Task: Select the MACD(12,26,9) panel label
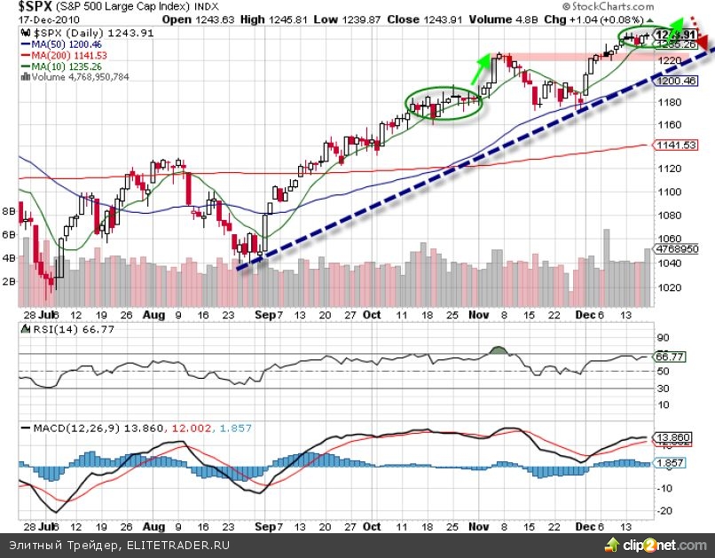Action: (x=64, y=428)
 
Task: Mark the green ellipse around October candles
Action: (x=446, y=102)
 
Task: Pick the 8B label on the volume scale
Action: (x=9, y=212)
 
